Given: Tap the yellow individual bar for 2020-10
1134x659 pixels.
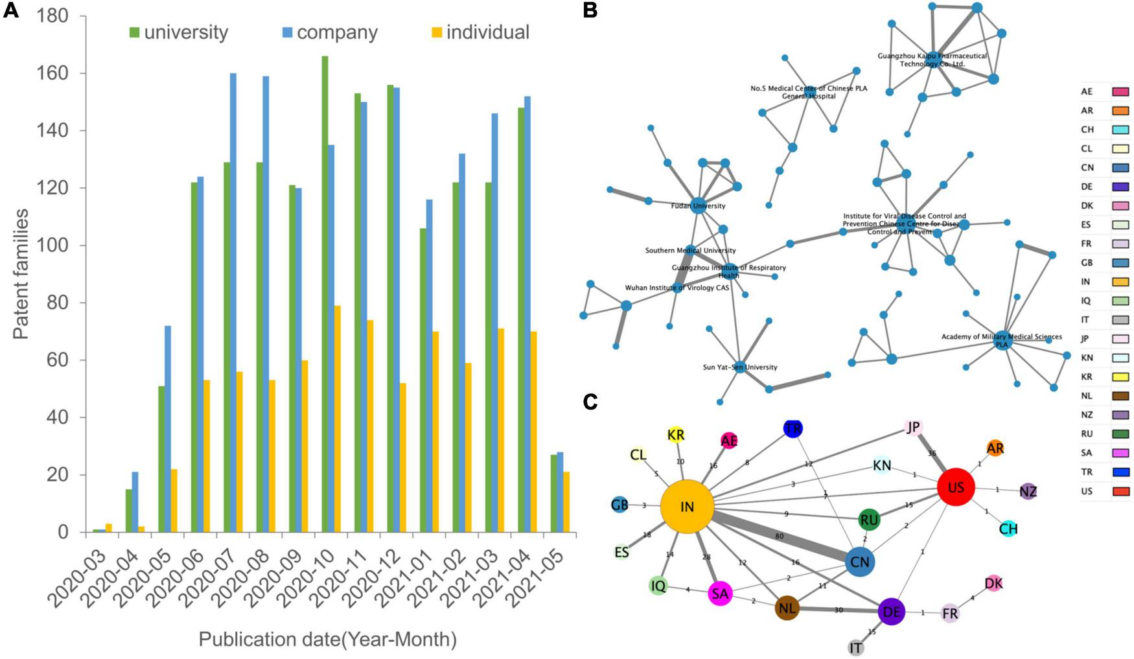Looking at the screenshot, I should click(337, 419).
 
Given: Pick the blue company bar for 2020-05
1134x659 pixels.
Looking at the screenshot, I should click(168, 428).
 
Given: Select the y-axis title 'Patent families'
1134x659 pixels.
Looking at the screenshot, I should click(21, 273).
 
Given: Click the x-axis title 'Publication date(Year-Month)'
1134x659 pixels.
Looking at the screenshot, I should click(327, 640).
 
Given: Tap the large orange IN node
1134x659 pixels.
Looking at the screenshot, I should click(687, 507).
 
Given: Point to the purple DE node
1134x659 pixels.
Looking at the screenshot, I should click(891, 612).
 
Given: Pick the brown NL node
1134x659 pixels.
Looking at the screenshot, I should click(787, 608).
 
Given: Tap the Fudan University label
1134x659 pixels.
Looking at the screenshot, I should click(698, 206).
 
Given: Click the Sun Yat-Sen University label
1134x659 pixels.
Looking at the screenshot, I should click(739, 367).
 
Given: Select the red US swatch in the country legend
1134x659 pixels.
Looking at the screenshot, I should click(1120, 491).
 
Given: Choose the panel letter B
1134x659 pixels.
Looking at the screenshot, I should click(590, 11).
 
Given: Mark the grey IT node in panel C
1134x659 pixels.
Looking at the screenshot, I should click(856, 647).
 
